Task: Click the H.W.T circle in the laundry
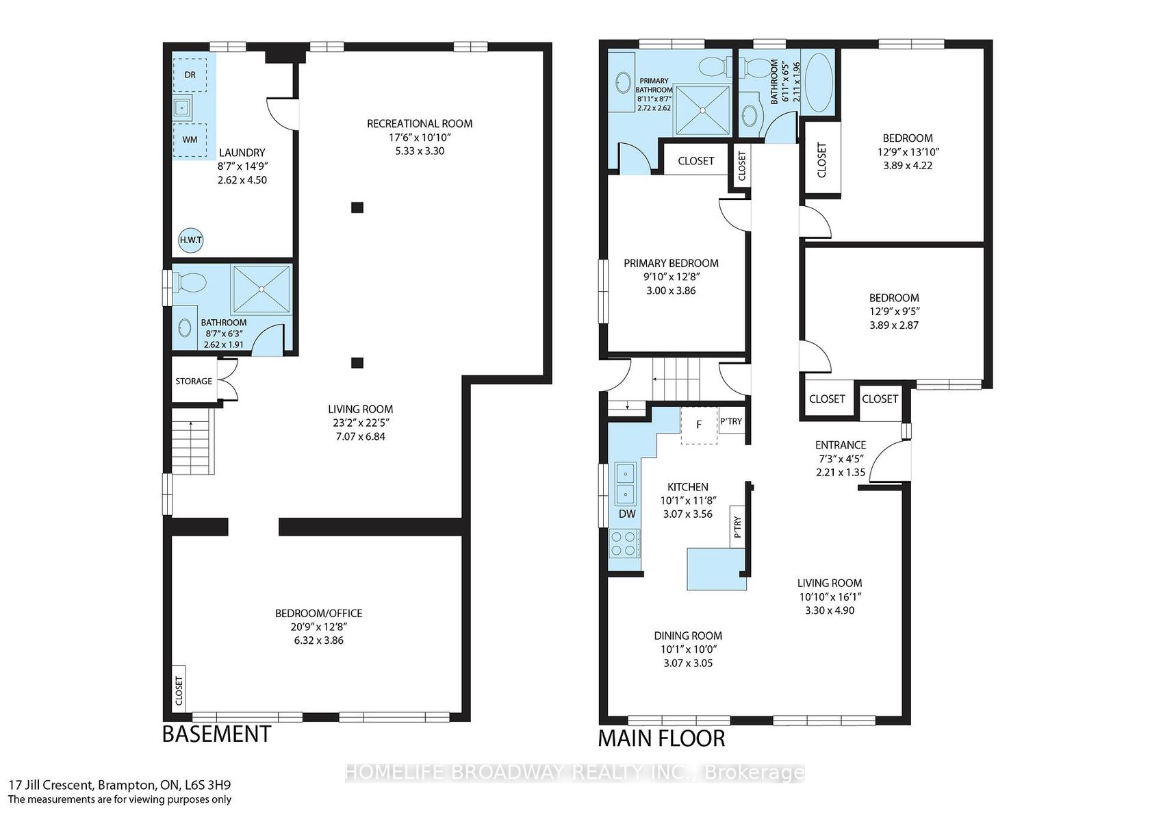click(x=190, y=240)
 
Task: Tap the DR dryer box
click(x=190, y=75)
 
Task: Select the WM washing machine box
click(x=190, y=140)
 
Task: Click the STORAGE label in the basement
click(x=194, y=381)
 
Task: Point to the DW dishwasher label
click(x=627, y=514)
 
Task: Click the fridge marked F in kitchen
click(x=699, y=425)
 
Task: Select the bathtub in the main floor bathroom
click(x=819, y=87)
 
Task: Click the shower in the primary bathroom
click(x=702, y=110)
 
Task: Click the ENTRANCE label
click(x=841, y=445)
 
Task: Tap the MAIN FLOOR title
click(x=662, y=738)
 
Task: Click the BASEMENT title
click(x=216, y=734)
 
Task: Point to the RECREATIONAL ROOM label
click(x=420, y=124)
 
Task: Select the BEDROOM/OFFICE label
click(x=319, y=613)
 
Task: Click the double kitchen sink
click(x=626, y=484)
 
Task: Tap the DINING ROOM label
click(x=688, y=636)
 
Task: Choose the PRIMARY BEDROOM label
click(x=671, y=264)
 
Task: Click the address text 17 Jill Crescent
click(x=51, y=785)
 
